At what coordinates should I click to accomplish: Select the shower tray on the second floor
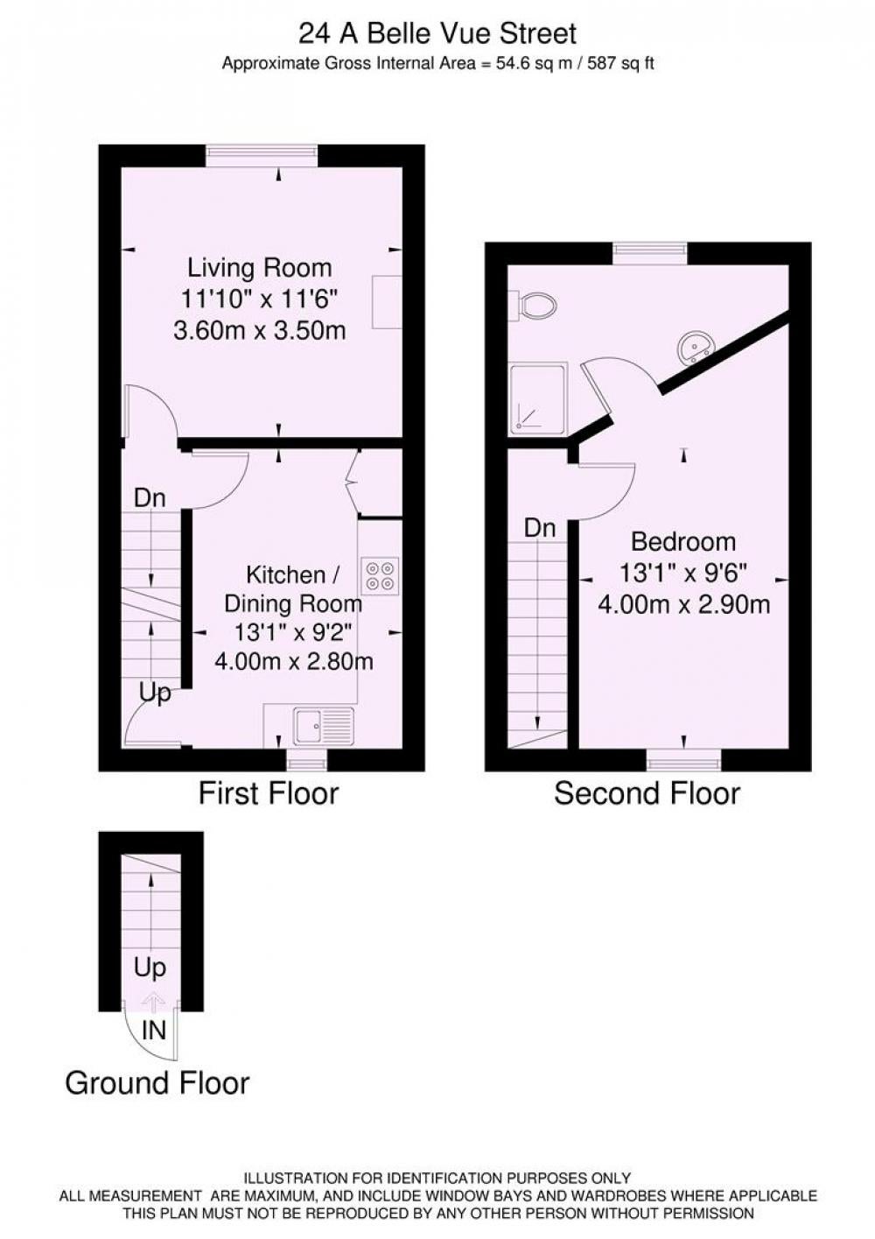(x=538, y=398)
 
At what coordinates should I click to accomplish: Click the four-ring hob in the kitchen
(x=380, y=576)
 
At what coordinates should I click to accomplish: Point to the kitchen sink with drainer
(x=324, y=726)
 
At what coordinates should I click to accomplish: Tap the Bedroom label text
(x=683, y=541)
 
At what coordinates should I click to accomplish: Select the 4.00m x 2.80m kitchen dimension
(x=293, y=661)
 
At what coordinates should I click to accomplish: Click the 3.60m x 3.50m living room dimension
(x=260, y=331)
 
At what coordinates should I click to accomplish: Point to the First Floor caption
(x=269, y=793)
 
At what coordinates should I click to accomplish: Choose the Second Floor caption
(x=647, y=793)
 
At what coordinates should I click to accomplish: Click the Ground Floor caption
(x=157, y=1083)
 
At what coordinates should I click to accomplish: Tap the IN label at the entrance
(x=154, y=1030)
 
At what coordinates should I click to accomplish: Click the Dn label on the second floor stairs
(x=540, y=528)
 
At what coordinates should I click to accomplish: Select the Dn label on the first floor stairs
(x=150, y=498)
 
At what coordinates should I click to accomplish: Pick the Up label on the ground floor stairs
(x=150, y=968)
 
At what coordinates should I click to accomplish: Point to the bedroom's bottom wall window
(x=684, y=761)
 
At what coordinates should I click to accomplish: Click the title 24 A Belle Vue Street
(x=437, y=34)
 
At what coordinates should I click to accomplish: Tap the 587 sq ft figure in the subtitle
(x=620, y=64)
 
